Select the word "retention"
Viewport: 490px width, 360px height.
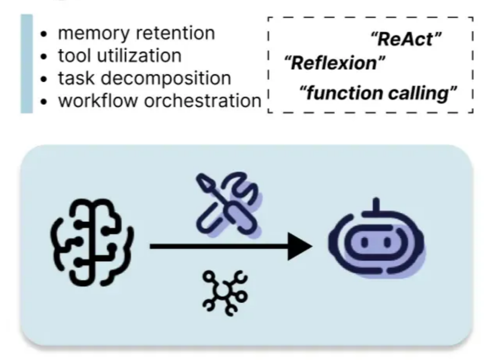(178, 34)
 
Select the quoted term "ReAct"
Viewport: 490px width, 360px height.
(405, 40)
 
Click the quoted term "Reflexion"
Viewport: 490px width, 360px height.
(335, 63)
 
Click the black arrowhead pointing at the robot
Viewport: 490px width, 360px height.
(300, 247)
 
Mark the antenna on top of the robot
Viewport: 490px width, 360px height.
(376, 205)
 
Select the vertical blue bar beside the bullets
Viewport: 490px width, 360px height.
(27, 64)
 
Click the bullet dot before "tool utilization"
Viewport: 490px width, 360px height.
(45, 57)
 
